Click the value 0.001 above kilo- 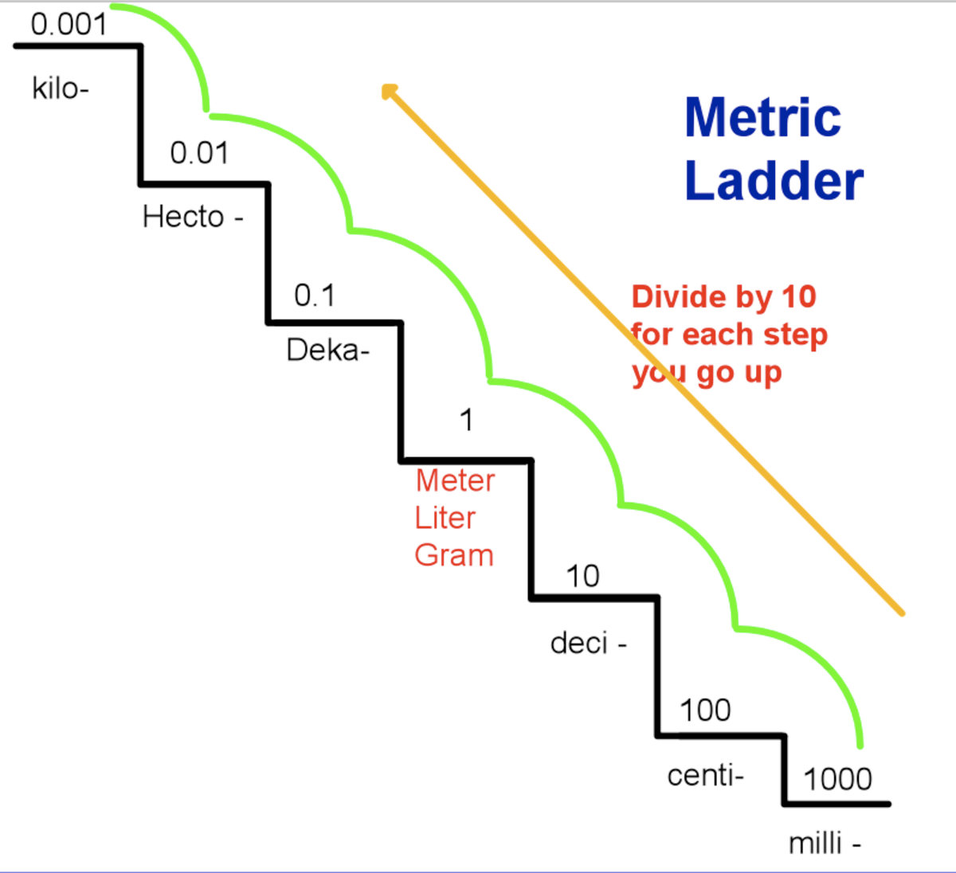tap(69, 24)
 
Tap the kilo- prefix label tap(61, 88)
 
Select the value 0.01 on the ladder tap(199, 152)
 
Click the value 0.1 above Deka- tap(315, 296)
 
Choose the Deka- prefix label tap(327, 350)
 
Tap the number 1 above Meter tap(467, 420)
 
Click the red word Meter tap(455, 480)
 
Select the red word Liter tap(445, 518)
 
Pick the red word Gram tap(454, 555)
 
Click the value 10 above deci tap(582, 576)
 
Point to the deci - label tap(588, 643)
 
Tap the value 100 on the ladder tap(705, 710)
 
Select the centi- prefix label tap(705, 775)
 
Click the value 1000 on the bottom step tap(837, 778)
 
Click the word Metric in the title tap(762, 118)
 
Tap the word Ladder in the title tap(774, 182)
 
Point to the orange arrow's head tap(389, 92)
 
